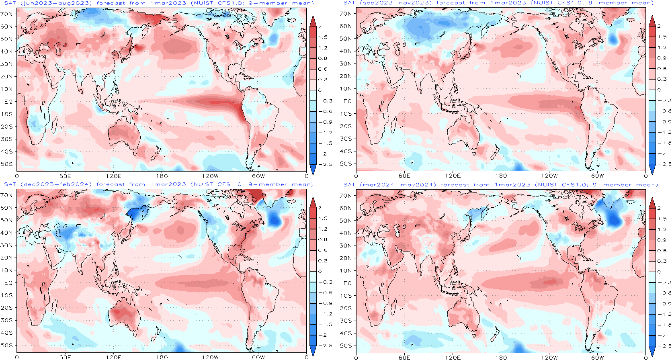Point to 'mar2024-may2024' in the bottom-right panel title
click(x=397, y=185)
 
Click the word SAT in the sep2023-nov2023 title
click(x=349, y=3)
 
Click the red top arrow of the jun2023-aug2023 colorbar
click(x=313, y=21)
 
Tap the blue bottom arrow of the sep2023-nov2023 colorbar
click(x=652, y=169)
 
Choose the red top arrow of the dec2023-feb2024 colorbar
click(x=313, y=203)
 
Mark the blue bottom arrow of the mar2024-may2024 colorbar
click(x=652, y=351)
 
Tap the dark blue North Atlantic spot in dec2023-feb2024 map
click(x=275, y=219)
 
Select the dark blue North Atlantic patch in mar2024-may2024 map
click(x=613, y=219)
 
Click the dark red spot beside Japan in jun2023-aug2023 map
click(x=138, y=48)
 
